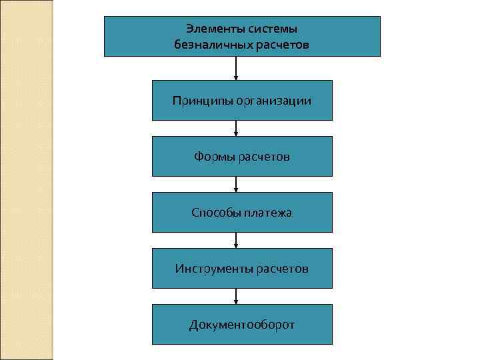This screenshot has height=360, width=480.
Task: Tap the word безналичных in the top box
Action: click(x=208, y=45)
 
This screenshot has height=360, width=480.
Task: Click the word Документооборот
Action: click(x=242, y=325)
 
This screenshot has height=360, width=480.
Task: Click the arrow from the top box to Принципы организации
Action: click(x=236, y=68)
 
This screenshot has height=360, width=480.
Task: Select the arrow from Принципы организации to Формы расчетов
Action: click(x=236, y=128)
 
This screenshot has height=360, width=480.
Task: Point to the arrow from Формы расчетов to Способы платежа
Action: click(x=236, y=184)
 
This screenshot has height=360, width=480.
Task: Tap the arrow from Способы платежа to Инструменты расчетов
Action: click(x=236, y=240)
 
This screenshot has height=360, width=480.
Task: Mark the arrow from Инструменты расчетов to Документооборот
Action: click(x=236, y=296)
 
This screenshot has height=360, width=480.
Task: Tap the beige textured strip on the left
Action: click(x=27, y=180)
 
